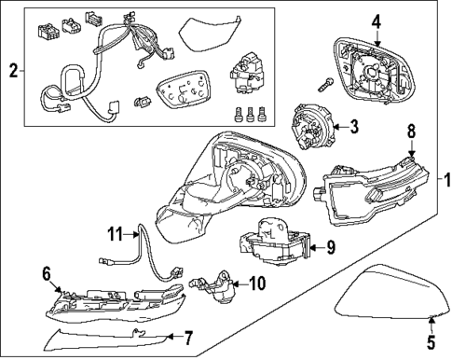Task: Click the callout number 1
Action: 446,180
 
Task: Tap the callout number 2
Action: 13,71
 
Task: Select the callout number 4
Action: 377,22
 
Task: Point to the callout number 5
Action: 431,342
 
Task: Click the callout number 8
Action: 411,132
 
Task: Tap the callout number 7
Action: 188,338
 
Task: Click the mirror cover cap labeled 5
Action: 393,293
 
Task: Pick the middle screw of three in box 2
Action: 250,114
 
